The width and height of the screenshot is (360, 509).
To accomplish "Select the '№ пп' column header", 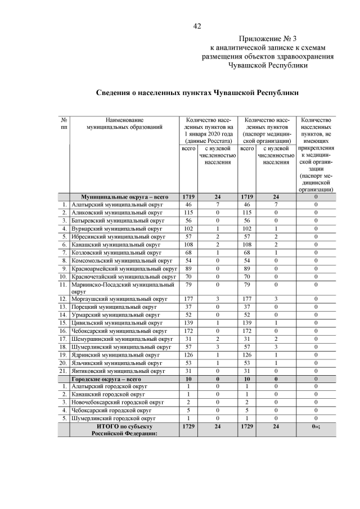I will click(64, 124).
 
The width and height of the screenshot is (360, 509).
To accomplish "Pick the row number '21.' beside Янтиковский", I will click(64, 371).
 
